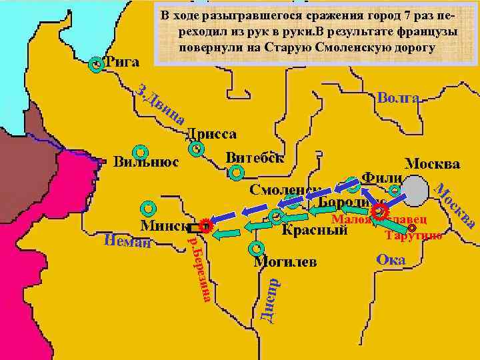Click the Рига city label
[x=123, y=63]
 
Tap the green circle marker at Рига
[x=97, y=65]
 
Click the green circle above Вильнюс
[x=140, y=151]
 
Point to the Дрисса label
[x=211, y=134]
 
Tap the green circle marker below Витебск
[x=236, y=174]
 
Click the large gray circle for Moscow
[x=415, y=191]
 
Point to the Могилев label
[x=285, y=261]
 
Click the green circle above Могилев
[x=256, y=249]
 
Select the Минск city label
[x=163, y=225]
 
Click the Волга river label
[x=398, y=99]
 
